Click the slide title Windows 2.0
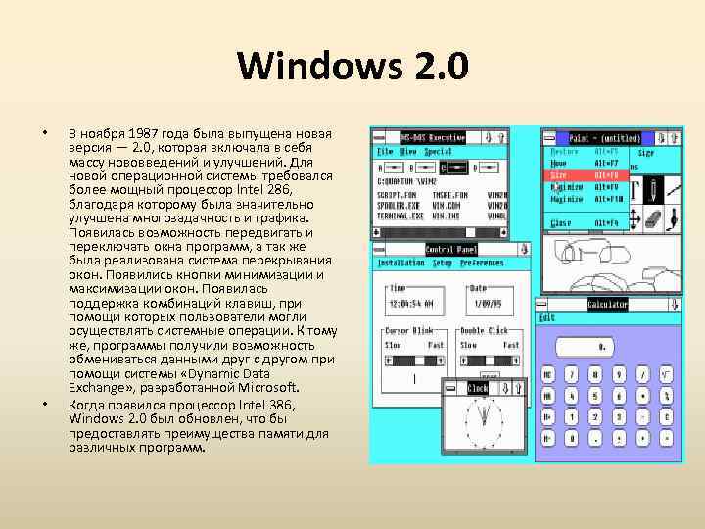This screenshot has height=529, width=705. click(352, 68)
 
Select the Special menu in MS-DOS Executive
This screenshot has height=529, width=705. click(438, 152)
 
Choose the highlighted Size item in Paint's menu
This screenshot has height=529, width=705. click(559, 174)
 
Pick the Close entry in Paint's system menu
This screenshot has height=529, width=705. click(560, 223)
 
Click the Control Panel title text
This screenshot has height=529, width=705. click(451, 250)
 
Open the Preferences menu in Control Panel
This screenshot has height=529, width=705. click(482, 264)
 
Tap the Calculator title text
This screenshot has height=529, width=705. click(607, 305)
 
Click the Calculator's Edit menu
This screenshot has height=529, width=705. click(546, 318)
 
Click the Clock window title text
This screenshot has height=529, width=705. click(478, 388)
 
